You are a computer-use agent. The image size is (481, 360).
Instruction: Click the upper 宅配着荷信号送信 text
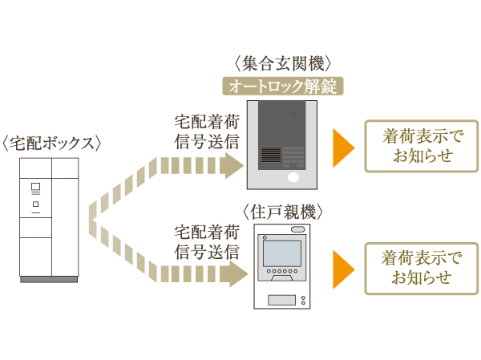206,131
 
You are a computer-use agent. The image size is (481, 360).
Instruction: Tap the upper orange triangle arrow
343,146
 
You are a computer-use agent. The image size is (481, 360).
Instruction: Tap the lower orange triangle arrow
343,269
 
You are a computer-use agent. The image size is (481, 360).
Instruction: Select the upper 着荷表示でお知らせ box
421,146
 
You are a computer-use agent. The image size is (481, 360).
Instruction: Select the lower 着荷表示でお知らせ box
421,269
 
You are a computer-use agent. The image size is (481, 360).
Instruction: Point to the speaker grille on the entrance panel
269,155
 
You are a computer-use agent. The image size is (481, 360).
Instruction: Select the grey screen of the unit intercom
281,253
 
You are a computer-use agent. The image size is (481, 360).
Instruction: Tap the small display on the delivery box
35,188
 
